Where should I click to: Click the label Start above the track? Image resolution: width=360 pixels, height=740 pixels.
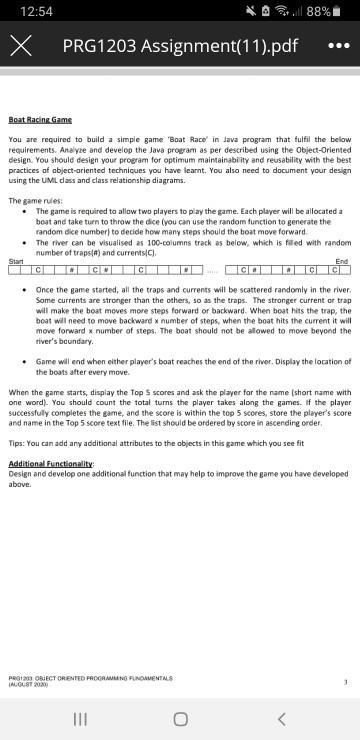[15, 261]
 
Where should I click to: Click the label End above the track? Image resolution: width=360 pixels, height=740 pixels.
[342, 261]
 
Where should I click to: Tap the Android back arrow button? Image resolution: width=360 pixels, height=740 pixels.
[283, 718]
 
